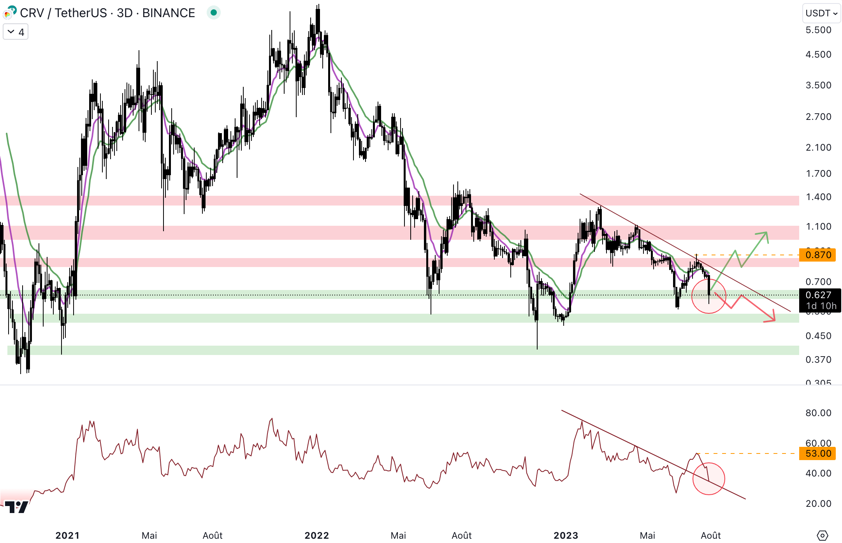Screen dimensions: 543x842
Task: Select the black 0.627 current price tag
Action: pyautogui.click(x=819, y=295)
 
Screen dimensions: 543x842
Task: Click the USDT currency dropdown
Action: pyautogui.click(x=821, y=13)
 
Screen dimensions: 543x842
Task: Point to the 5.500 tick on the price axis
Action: pyautogui.click(x=818, y=30)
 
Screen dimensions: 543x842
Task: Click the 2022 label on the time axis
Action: pyautogui.click(x=316, y=535)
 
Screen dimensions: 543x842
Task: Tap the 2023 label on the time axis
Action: pyautogui.click(x=566, y=535)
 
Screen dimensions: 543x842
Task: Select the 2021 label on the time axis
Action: pyautogui.click(x=67, y=535)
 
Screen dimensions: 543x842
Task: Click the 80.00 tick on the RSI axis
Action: pyautogui.click(x=818, y=413)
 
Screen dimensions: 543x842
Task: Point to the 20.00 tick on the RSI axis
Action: pyautogui.click(x=818, y=503)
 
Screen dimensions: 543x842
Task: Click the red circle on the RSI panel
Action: pyautogui.click(x=708, y=478)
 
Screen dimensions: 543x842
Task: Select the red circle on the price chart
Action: pyautogui.click(x=708, y=296)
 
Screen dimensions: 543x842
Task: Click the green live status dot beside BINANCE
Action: pyautogui.click(x=213, y=13)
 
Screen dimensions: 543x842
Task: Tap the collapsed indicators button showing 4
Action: pyautogui.click(x=16, y=32)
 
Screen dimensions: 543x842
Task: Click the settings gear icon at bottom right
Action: pyautogui.click(x=822, y=535)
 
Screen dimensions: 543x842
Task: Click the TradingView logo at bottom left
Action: pyautogui.click(x=16, y=507)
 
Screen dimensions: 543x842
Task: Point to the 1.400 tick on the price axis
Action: pyautogui.click(x=818, y=197)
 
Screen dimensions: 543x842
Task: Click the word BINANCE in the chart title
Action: pyautogui.click(x=169, y=13)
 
